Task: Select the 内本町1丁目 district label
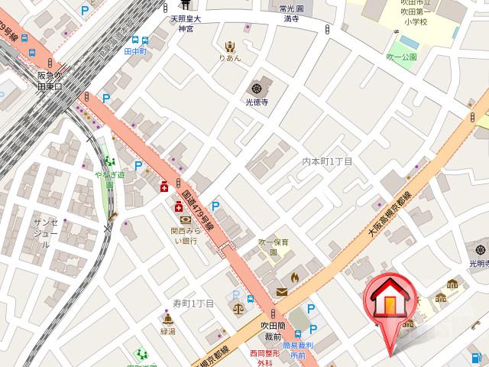(326, 161)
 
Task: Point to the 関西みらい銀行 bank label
(184, 235)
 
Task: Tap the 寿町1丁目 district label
(193, 304)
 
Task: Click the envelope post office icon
(281, 291)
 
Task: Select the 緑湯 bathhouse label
(167, 332)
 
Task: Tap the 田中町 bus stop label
(134, 52)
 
